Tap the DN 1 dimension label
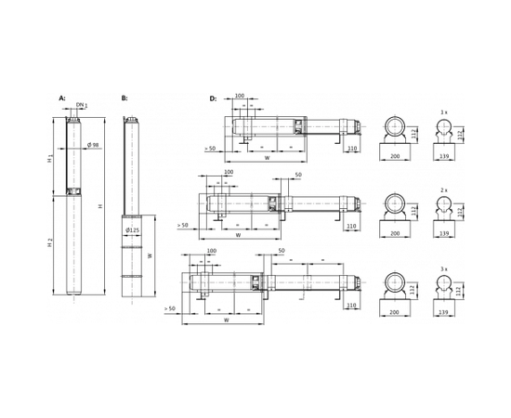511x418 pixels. pyautogui.click(x=82, y=106)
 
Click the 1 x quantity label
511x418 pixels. pyautogui.click(x=443, y=113)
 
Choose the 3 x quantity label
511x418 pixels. pyautogui.click(x=443, y=269)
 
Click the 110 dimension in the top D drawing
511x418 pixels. pyautogui.click(x=352, y=149)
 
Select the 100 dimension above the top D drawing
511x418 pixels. pyautogui.click(x=240, y=96)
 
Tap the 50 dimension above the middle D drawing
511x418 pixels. pyautogui.click(x=297, y=175)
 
